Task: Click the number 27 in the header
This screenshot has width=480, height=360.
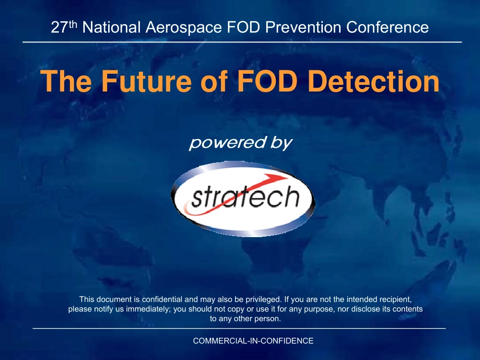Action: (x=59, y=27)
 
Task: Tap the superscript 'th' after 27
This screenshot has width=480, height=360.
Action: (x=73, y=24)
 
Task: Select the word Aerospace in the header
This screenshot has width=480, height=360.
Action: (x=183, y=28)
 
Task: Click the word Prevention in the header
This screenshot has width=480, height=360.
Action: (x=303, y=27)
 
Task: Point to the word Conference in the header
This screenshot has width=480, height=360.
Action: (x=387, y=27)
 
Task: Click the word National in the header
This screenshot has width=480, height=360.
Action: (x=112, y=27)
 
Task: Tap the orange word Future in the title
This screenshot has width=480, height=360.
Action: (x=147, y=81)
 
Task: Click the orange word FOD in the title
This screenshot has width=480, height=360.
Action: (x=267, y=81)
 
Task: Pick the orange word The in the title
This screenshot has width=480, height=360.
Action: (x=66, y=81)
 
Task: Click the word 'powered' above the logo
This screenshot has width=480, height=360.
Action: (x=227, y=143)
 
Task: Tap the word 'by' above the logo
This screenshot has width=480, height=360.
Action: (x=281, y=143)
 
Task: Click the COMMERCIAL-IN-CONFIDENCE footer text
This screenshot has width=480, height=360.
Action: (x=253, y=341)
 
